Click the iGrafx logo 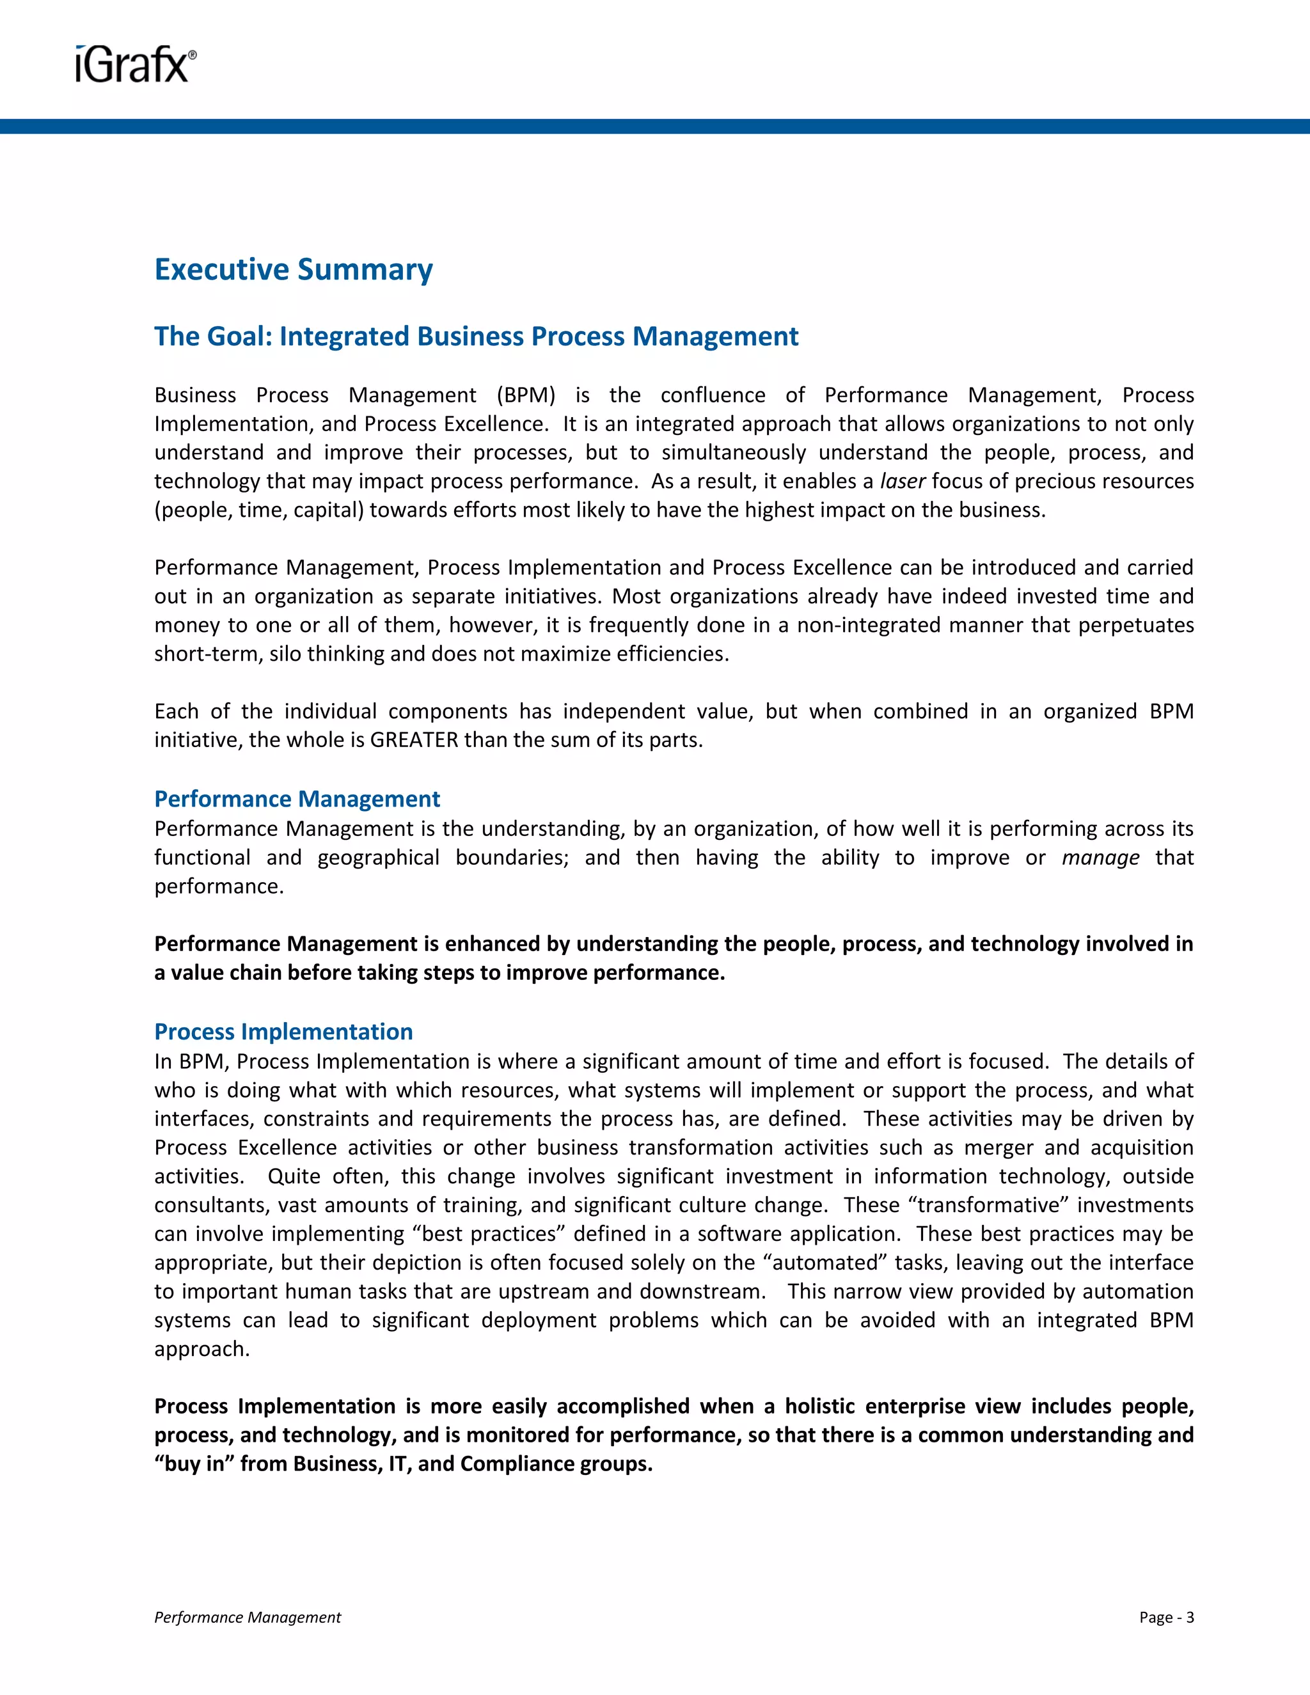132,65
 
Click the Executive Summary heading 294,269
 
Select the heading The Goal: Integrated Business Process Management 476,336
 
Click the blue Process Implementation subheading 283,1032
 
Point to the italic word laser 902,481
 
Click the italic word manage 1100,858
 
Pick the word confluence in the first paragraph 713,395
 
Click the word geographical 378,858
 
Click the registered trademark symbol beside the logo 193,55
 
